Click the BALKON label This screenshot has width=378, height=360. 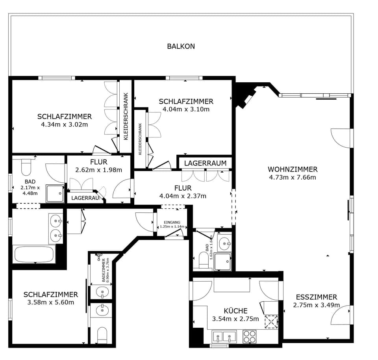click(x=181, y=46)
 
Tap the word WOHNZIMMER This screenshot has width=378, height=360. click(x=292, y=169)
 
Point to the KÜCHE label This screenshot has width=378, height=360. click(x=235, y=311)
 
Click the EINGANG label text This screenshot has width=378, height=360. click(x=172, y=222)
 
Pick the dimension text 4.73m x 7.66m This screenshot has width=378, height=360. click(x=292, y=177)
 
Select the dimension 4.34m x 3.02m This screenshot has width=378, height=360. click(x=64, y=124)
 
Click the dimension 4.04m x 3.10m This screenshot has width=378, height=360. click(x=186, y=109)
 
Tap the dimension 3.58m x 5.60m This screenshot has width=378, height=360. click(x=50, y=302)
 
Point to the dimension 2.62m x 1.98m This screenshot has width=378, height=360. click(x=98, y=170)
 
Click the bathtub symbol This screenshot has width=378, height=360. click(x=33, y=254)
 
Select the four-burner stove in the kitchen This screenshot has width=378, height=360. click(x=249, y=336)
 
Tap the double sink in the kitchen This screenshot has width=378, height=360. click(x=224, y=337)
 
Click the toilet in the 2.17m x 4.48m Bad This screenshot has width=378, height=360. click(x=26, y=168)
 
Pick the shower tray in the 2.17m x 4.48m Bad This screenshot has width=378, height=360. click(x=55, y=193)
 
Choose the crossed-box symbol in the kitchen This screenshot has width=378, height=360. click(x=271, y=322)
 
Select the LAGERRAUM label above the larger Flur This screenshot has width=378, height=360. click(x=205, y=163)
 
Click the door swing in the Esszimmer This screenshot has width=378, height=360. click(x=341, y=315)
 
